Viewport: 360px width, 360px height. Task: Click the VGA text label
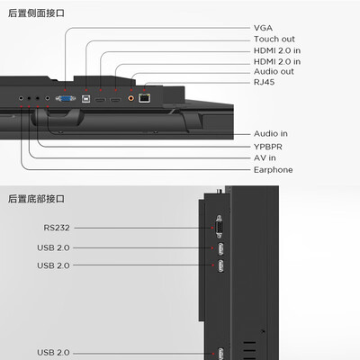tap(263, 28)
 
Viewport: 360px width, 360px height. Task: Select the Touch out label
tap(274, 39)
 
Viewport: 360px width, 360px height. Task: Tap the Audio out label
tap(274, 71)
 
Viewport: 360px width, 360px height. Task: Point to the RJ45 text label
tap(264, 82)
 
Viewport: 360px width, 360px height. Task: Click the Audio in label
tap(271, 133)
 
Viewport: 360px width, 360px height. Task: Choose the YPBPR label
tap(268, 147)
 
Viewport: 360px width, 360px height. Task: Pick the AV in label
tap(265, 157)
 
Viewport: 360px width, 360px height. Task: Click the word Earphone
tap(273, 170)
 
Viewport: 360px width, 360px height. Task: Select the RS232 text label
tap(57, 228)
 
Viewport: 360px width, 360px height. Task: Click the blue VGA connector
tap(66, 98)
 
